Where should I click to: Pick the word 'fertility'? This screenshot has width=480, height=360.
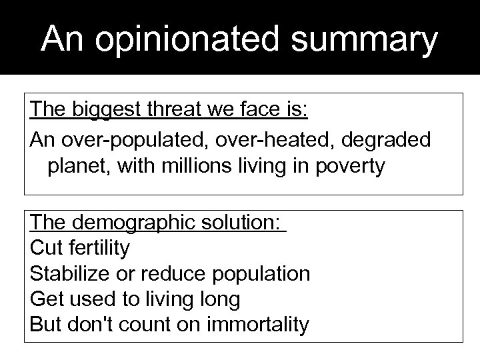pos(97,249)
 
